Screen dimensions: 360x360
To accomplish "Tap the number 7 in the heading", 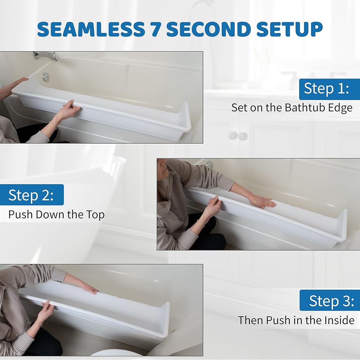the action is pos(156,29).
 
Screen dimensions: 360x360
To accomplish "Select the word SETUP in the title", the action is pos(289,29).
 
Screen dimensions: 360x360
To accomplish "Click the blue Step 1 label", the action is pos(329,89).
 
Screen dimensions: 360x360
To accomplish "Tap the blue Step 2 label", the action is pos(32,195).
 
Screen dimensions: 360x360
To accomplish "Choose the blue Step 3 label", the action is pos(330,300).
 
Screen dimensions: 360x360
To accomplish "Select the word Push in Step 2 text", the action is pos(21,215).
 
